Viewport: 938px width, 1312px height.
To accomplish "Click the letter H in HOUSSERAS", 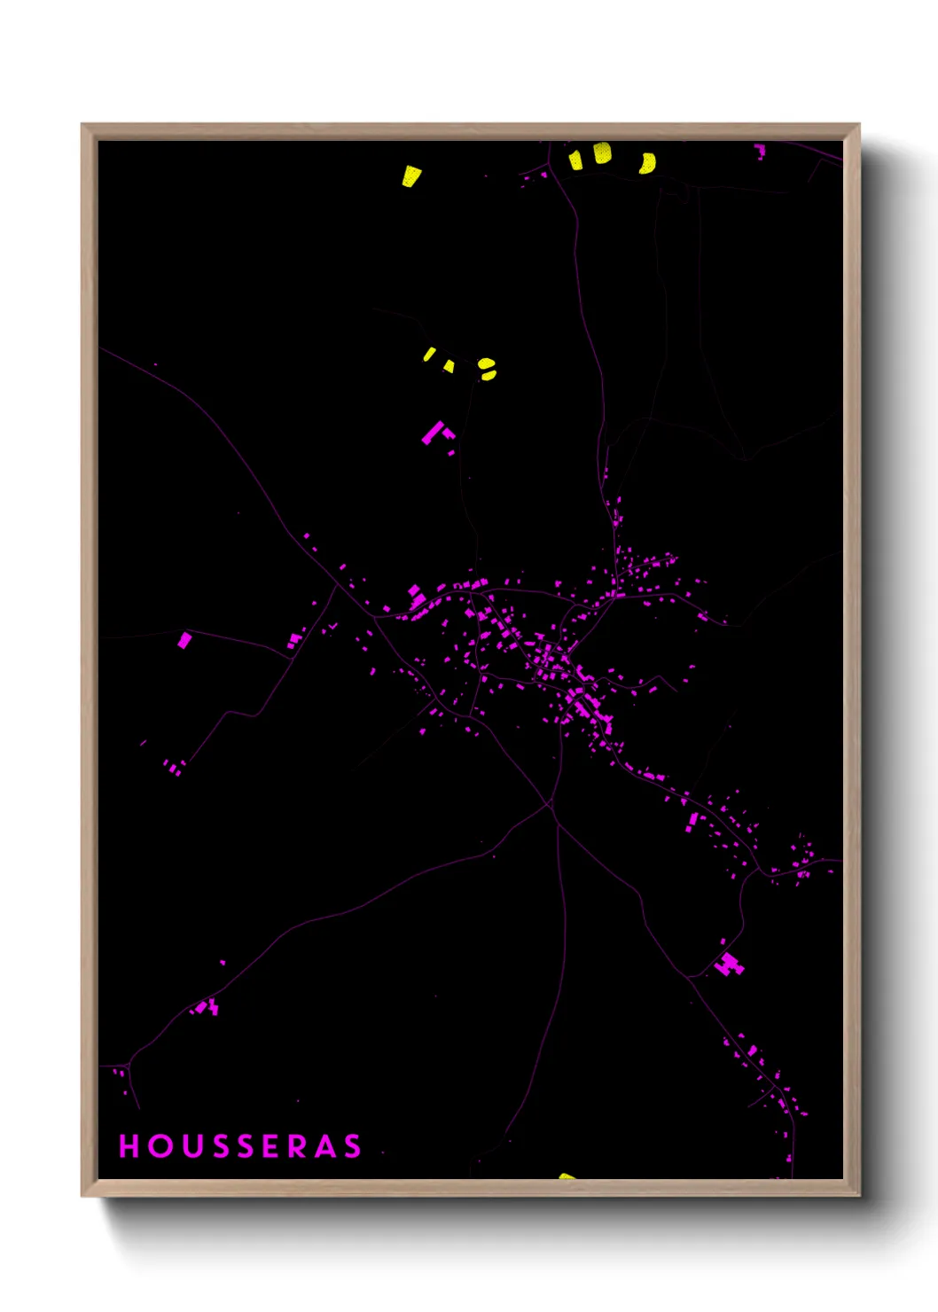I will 129,1146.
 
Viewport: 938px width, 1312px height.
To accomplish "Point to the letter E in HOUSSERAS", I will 270,1146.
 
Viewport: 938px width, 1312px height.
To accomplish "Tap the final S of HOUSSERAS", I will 353,1146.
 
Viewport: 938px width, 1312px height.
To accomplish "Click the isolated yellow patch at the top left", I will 410,176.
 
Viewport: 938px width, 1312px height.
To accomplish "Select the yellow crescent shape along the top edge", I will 649,163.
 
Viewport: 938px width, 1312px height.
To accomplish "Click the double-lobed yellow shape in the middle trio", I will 487,369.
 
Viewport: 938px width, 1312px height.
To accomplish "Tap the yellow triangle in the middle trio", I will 449,366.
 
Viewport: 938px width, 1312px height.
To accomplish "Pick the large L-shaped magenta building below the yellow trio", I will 434,433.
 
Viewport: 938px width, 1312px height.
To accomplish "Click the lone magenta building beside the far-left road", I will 184,640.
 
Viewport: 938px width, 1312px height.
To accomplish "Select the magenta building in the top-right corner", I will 760,151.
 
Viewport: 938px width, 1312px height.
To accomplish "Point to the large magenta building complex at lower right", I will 729,964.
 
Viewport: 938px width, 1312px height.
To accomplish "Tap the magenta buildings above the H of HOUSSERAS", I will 119,1073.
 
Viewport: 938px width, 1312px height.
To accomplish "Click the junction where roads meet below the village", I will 551,805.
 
